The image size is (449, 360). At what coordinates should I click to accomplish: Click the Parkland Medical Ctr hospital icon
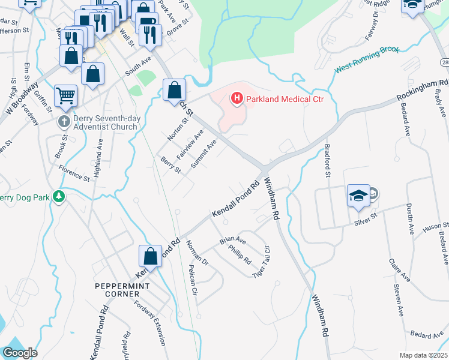(237, 98)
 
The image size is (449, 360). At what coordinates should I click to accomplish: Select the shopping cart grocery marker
(65, 95)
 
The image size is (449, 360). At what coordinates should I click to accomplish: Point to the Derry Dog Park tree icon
(58, 196)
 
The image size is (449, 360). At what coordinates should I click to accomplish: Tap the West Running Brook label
(367, 60)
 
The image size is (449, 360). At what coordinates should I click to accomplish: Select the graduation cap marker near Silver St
(358, 196)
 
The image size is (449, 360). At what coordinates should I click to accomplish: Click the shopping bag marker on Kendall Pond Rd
(150, 257)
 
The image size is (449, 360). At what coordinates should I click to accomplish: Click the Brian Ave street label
(233, 238)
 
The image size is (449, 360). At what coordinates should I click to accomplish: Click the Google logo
(20, 353)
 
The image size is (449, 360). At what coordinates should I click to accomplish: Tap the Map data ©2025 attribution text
(423, 355)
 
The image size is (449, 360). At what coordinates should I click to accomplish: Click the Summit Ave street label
(203, 154)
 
